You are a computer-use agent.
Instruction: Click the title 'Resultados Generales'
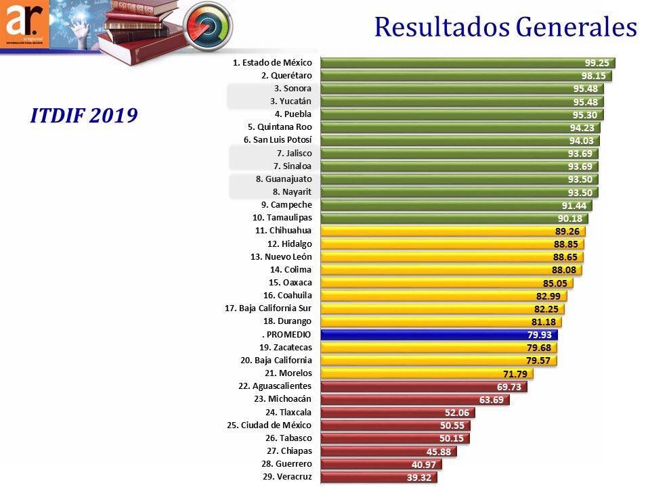[x=505, y=26]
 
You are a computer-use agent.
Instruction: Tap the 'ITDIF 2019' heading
[x=84, y=116]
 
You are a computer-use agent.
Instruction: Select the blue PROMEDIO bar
[x=439, y=334]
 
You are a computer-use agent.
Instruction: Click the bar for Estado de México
[x=467, y=62]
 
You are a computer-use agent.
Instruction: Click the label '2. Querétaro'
[x=286, y=75]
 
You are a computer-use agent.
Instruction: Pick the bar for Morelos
[x=427, y=373]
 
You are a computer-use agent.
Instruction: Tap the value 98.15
[x=594, y=75]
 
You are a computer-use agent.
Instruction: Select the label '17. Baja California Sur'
[x=268, y=308]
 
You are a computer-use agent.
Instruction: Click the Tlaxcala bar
[x=397, y=412]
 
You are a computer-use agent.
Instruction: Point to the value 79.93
[x=540, y=334]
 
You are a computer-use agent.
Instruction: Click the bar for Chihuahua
[x=452, y=231]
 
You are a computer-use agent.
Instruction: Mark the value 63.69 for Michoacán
[x=493, y=399]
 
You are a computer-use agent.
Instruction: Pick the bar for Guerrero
[x=381, y=464]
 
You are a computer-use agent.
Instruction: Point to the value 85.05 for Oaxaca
[x=556, y=282]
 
